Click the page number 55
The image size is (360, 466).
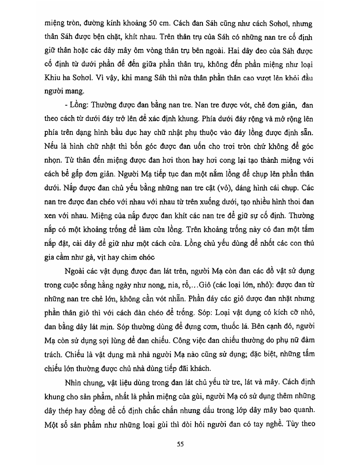tap(180, 444)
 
